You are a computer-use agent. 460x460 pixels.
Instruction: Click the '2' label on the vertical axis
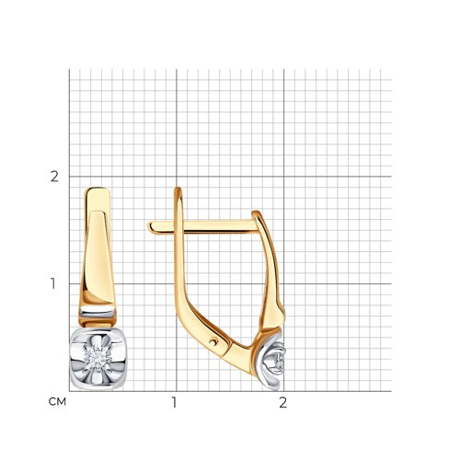click(54, 177)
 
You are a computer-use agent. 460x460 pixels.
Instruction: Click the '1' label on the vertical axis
click(53, 283)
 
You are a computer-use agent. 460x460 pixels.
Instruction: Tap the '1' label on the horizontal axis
click(174, 402)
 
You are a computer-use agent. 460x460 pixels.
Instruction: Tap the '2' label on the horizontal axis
click(283, 402)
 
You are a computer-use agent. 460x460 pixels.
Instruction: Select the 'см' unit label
click(57, 402)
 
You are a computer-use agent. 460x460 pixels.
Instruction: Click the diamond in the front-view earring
click(98, 359)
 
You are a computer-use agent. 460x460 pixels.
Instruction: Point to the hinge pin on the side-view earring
click(213, 341)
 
